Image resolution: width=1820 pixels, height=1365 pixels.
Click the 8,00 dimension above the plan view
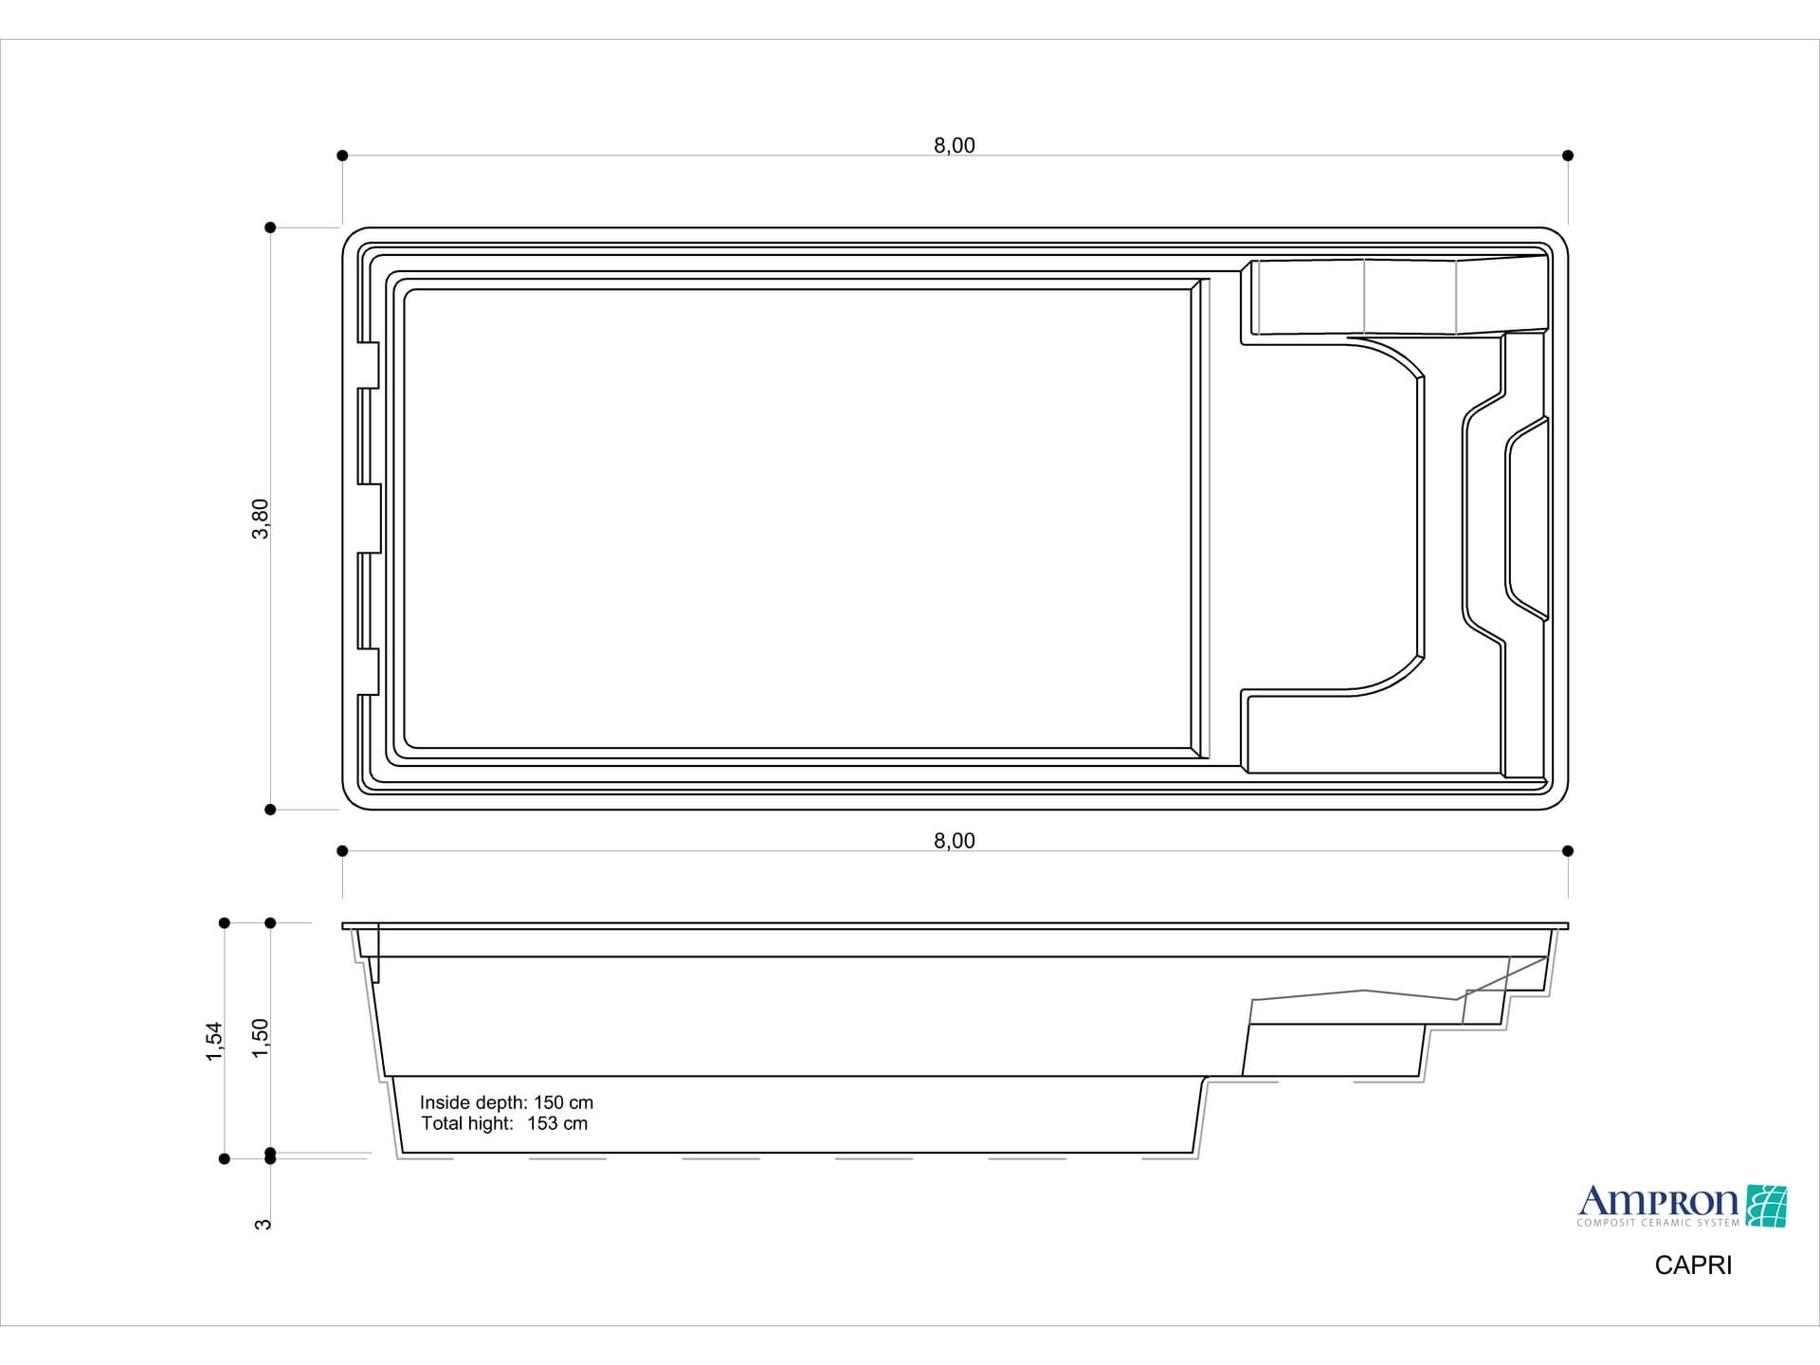[954, 145]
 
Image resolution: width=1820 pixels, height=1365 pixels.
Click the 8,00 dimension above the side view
[954, 841]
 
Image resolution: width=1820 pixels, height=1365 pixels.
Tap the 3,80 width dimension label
[261, 519]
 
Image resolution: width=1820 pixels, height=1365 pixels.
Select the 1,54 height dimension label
[214, 1041]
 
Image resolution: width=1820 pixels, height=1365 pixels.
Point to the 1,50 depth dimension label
[261, 1038]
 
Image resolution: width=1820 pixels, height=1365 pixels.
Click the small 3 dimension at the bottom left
[264, 1224]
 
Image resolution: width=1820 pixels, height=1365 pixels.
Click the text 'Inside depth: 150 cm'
[506, 1102]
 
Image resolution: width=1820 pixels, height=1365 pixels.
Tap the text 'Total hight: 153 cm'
[504, 1123]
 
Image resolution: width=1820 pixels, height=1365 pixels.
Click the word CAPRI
[1693, 1265]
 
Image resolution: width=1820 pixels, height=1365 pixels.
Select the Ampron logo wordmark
[1657, 1202]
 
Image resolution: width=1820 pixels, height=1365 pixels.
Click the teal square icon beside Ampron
[1766, 1206]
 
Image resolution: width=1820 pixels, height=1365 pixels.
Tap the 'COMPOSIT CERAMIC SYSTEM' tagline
[1658, 1223]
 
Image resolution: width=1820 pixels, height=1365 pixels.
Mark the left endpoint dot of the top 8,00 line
[342, 155]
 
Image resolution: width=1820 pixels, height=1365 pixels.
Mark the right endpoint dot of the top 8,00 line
[1568, 155]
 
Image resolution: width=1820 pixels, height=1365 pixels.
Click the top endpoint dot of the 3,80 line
[270, 227]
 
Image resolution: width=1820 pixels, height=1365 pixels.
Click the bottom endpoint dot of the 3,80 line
[270, 810]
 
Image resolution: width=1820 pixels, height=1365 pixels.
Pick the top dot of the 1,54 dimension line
[225, 922]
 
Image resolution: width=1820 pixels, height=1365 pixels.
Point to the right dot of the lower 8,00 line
[1568, 851]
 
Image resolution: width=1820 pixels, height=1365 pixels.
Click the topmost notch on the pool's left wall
[368, 365]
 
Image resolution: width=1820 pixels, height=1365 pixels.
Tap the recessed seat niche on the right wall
[1527, 519]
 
